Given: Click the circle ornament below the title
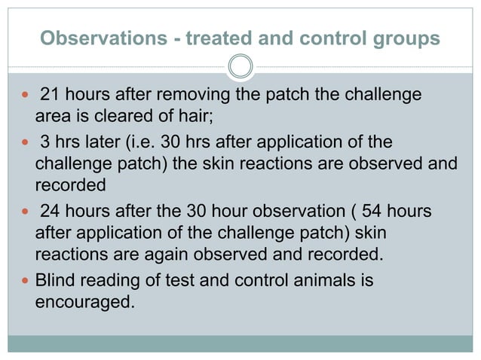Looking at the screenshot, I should click(240, 66).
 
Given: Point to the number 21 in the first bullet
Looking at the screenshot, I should click(50, 96).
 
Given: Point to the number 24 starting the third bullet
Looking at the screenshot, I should click(50, 212).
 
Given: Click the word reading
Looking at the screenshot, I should click(111, 282).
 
